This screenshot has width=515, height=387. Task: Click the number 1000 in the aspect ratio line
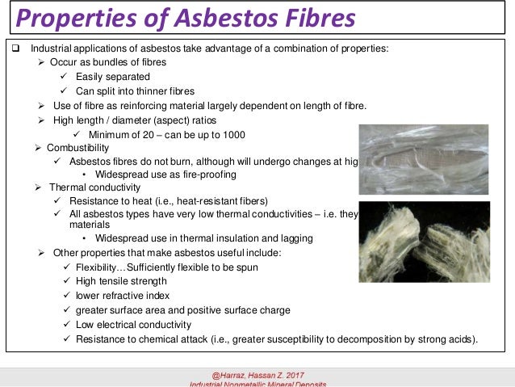pos(234,134)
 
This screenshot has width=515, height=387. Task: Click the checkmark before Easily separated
pos(66,77)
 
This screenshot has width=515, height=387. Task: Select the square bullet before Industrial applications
pos(14,48)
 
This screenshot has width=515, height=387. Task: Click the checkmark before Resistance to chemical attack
pos(66,339)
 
